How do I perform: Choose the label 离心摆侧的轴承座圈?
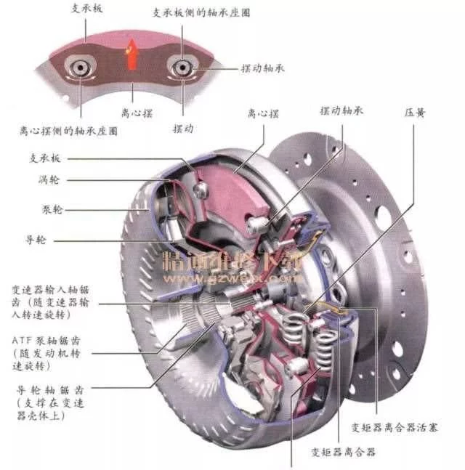pos(69,132)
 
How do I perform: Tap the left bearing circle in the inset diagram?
pos(78,69)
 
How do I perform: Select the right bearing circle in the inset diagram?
pos(179,68)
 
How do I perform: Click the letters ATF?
pos(24,339)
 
